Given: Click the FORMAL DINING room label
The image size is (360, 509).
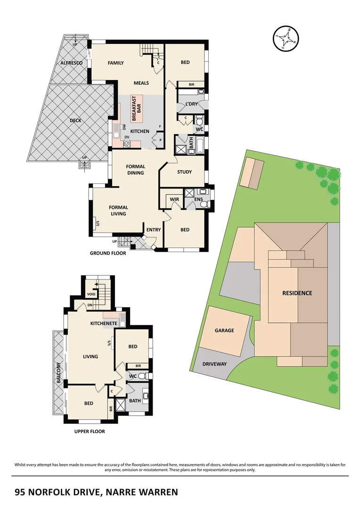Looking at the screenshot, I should click(135, 170).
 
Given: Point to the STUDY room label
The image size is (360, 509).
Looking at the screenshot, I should click(184, 172).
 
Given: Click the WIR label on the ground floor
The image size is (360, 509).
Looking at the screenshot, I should click(174, 200).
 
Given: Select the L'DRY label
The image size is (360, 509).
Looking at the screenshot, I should click(191, 104).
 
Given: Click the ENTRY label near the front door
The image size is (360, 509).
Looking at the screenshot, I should click(154, 230).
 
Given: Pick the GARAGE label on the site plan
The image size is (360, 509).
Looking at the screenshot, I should click(224, 330).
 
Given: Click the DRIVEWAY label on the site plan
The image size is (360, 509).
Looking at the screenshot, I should click(214, 364).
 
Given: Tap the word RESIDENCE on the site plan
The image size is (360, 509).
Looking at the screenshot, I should click(297, 293).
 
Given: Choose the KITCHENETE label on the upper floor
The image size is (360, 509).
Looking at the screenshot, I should click(104, 324).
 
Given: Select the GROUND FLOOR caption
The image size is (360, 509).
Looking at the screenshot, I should click(108, 253).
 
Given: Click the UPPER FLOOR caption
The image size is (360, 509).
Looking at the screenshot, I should click(90, 431).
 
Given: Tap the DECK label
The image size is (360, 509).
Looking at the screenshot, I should click(75, 120).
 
